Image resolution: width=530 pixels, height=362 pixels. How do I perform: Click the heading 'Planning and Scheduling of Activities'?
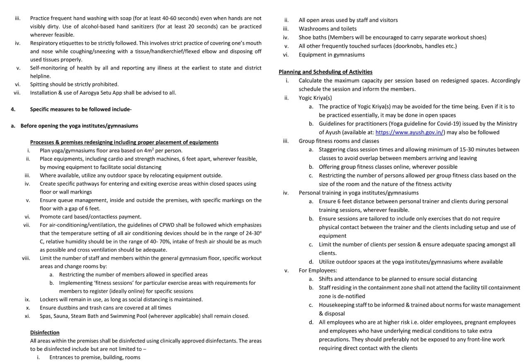(325, 72)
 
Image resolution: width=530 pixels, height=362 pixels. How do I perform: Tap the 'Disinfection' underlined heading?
(45, 333)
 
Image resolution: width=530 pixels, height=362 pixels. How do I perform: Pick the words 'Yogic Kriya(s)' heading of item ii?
(315, 98)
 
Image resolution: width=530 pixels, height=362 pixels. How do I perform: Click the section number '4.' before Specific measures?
(13, 109)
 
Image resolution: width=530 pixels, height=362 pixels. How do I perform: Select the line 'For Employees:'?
(318, 270)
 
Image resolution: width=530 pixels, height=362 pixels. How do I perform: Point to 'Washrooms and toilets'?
(328, 29)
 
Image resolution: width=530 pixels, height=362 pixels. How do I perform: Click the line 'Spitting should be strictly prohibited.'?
(74, 84)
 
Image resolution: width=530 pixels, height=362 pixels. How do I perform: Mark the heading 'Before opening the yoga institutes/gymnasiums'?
(79, 126)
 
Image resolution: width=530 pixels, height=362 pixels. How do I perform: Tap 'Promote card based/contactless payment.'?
(90, 217)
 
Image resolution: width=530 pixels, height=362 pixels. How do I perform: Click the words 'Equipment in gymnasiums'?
(332, 55)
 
